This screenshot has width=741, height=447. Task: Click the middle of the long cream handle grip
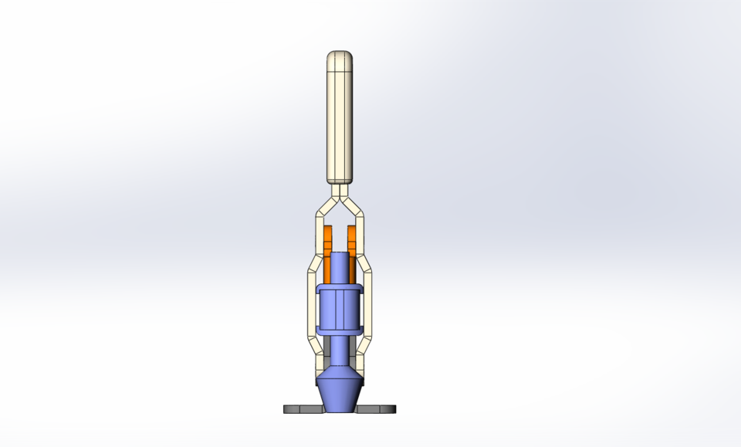click(x=340, y=124)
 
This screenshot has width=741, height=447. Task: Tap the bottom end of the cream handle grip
click(x=340, y=178)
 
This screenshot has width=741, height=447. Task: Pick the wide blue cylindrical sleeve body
click(x=340, y=309)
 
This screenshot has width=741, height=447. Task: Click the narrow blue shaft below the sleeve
click(x=340, y=351)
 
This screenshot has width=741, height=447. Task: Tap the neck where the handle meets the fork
click(x=340, y=188)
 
